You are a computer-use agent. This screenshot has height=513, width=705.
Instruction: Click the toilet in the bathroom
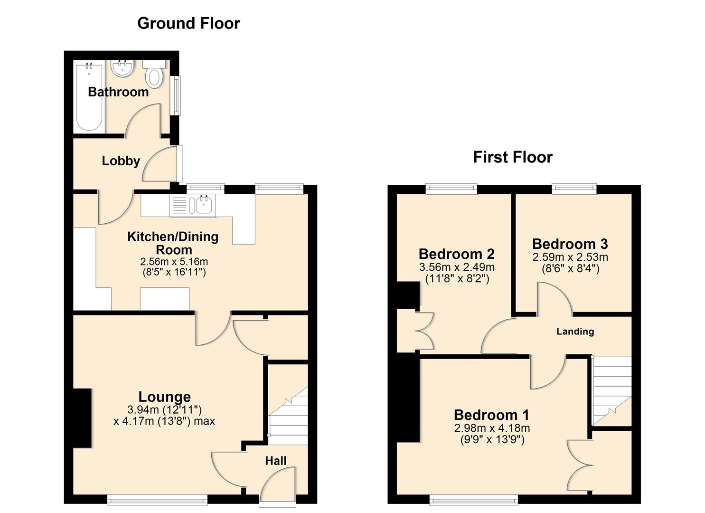tap(154, 74)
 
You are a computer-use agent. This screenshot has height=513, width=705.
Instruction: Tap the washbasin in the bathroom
tap(122, 68)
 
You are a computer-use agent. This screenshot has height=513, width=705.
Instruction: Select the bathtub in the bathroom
tap(89, 97)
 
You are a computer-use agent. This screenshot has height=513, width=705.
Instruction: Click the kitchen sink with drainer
tap(192, 205)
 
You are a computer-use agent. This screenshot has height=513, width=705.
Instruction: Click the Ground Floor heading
tap(188, 24)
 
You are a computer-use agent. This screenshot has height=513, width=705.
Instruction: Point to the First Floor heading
tap(513, 157)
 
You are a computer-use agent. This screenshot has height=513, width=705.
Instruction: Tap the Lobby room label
tap(121, 161)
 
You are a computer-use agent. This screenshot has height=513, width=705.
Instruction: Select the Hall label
tap(276, 461)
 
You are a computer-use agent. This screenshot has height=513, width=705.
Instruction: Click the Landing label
tap(575, 331)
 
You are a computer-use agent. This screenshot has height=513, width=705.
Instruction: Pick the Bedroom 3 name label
tap(570, 244)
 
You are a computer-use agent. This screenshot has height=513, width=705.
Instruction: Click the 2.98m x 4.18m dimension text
tap(492, 428)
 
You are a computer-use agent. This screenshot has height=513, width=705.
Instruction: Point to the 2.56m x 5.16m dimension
tap(174, 261)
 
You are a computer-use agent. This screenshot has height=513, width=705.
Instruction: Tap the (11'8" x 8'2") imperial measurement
tap(457, 279)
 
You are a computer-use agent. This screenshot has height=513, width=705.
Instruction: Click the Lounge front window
tap(157, 500)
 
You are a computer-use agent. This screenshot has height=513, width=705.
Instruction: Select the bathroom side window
tap(178, 95)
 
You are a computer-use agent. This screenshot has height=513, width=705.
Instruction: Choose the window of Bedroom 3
tap(574, 188)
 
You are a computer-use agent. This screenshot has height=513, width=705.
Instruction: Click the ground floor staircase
tap(288, 416)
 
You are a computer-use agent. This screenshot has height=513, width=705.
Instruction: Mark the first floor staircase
tap(612, 390)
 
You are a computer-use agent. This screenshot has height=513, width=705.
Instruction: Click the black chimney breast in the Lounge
tap(83, 418)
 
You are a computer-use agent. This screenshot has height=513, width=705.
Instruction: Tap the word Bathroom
tap(118, 92)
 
